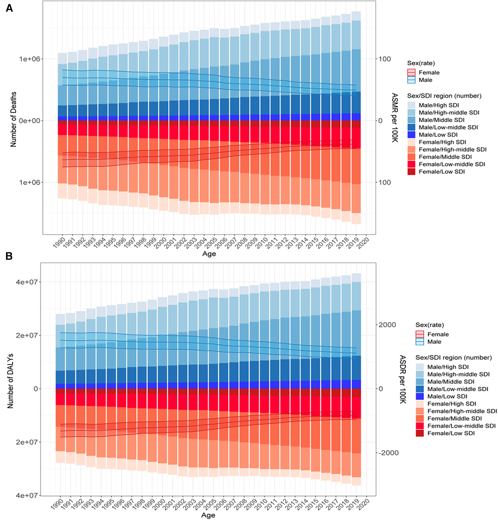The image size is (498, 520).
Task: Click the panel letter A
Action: tap(9, 8)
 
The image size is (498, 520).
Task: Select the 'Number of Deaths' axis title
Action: tap(13, 119)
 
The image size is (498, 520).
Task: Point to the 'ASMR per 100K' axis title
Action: tap(395, 118)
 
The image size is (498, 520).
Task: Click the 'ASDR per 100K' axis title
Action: tap(402, 379)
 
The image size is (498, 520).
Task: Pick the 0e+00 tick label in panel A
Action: tap(27, 121)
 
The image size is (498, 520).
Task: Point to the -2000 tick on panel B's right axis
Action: tap(388, 453)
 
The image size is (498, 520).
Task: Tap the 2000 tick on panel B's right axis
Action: tap(387, 325)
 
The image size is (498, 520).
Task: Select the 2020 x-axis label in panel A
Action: tap(363, 243)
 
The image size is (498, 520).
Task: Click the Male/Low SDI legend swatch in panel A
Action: tap(411, 135)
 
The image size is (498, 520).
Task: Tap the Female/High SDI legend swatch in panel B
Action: tap(420, 404)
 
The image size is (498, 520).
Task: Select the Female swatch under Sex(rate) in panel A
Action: tap(411, 72)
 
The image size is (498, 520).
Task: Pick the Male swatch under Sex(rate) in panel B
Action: tap(420, 342)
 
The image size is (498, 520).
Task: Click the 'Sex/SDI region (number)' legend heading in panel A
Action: tap(444, 96)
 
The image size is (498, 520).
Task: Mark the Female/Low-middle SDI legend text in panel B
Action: tap(461, 426)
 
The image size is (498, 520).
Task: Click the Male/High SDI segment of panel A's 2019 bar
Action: tap(356, 16)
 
